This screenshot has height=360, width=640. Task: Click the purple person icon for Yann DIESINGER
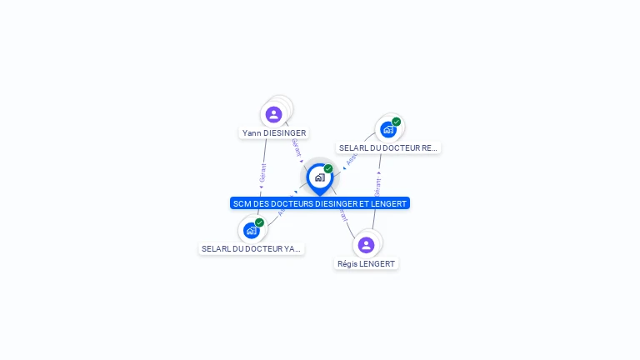pos(274,114)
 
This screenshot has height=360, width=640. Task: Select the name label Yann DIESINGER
pos(274,133)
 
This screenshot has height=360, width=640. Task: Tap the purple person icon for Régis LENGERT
pos(366,245)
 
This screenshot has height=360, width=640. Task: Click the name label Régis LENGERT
pos(366,264)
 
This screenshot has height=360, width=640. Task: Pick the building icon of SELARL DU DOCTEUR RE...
pos(387,130)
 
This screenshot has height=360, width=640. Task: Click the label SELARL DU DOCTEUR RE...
pos(388,148)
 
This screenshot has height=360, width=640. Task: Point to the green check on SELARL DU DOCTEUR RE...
pos(397,122)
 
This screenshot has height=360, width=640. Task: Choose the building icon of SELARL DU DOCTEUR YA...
pos(251,231)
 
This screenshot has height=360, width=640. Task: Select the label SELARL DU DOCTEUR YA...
pos(251,249)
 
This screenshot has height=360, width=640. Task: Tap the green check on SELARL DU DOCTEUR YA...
pos(260,222)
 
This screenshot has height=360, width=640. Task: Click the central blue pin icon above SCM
pos(319,177)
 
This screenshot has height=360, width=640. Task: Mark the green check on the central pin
pos(328,168)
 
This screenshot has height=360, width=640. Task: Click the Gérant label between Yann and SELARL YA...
pos(262,172)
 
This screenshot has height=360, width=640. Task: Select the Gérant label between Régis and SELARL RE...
pos(378,187)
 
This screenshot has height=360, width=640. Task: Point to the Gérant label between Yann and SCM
pos(296,147)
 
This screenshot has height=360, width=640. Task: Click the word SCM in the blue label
pos(242,203)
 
